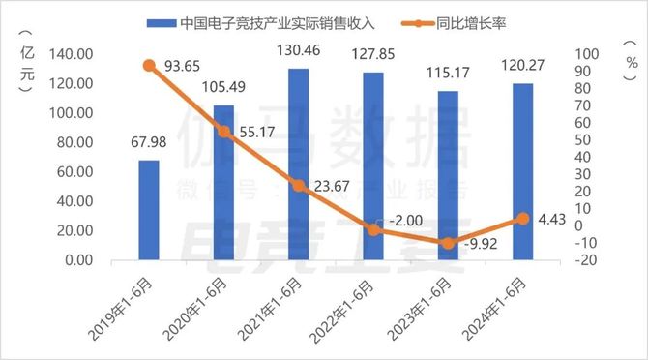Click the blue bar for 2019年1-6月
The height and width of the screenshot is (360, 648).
click(149, 210)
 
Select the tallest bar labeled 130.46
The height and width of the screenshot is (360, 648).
click(299, 165)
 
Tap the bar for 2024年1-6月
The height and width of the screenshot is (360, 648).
click(522, 172)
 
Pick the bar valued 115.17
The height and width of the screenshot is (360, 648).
click(448, 176)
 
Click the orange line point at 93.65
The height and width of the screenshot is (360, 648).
click(149, 66)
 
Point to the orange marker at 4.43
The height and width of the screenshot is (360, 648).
click(522, 219)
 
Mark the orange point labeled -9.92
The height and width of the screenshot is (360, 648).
click(448, 243)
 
